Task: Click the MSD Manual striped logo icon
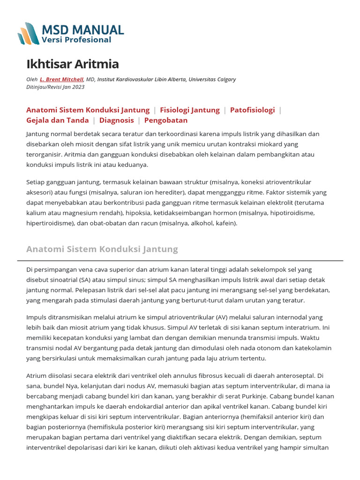coord(29,34)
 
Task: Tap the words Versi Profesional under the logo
coord(76,40)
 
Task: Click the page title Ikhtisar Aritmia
coord(73,64)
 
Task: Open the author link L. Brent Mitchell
coord(61,80)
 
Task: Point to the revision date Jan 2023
coord(75,87)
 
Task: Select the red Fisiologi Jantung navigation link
coord(189,110)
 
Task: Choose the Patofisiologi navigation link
coord(252,110)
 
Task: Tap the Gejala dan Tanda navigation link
coord(58,120)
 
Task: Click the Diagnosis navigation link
coord(116,120)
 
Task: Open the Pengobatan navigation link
coord(166,120)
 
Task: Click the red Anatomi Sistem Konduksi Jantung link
coord(88,110)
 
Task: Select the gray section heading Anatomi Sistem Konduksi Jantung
coord(102,249)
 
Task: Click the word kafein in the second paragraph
coord(225,223)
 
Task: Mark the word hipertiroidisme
coord(49,223)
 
